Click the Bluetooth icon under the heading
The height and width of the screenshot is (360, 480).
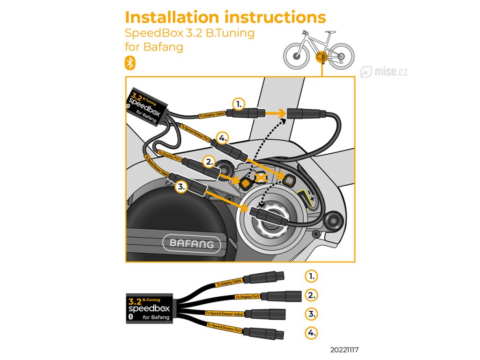(x=130, y=63)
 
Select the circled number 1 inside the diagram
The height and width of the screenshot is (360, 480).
(x=239, y=104)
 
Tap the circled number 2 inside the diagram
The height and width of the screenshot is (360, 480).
(x=209, y=162)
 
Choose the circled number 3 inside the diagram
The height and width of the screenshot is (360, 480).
(x=182, y=187)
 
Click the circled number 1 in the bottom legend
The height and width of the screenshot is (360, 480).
(x=311, y=276)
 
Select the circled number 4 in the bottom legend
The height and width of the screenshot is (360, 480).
(x=311, y=333)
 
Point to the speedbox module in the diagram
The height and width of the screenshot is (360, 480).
(x=147, y=106)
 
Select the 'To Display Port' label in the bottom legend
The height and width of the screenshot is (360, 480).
(x=247, y=297)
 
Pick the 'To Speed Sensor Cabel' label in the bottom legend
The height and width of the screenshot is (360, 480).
(x=224, y=313)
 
